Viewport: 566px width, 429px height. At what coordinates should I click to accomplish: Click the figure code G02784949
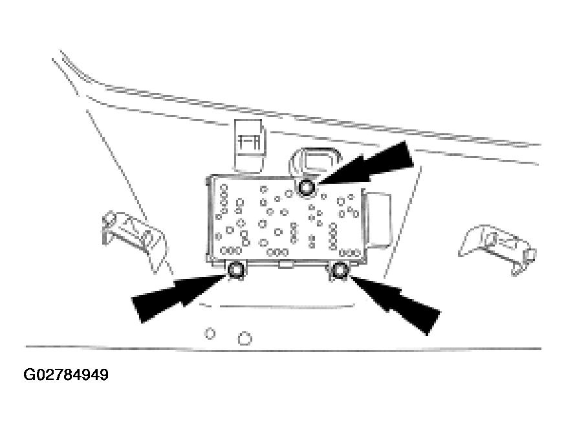(66, 375)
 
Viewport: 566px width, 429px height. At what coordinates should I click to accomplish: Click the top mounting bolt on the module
(307, 188)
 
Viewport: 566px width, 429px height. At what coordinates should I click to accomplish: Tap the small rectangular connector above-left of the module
(250, 145)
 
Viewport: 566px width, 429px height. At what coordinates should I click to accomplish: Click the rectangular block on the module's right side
(378, 221)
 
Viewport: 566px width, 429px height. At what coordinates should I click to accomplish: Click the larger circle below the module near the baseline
(245, 338)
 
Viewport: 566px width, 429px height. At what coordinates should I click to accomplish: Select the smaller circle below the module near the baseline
(210, 333)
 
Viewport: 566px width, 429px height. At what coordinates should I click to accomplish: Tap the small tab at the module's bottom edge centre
(285, 265)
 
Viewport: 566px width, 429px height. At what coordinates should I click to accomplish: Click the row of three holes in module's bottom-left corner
(231, 250)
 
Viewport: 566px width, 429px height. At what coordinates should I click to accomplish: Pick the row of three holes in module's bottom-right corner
(350, 252)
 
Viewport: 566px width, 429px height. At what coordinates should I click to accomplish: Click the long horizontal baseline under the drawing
(283, 349)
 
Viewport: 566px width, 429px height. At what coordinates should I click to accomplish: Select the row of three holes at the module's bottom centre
(278, 252)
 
